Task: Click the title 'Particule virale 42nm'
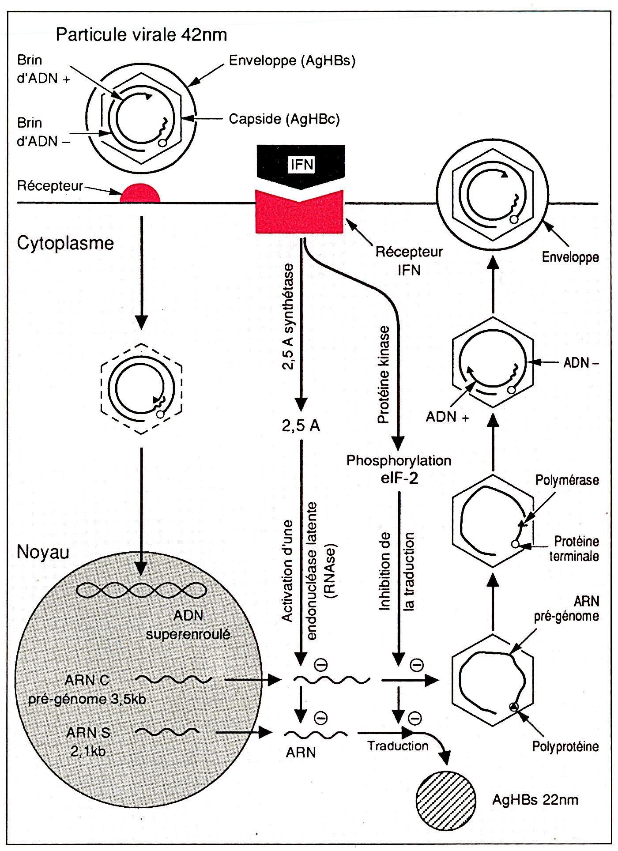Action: tap(141, 34)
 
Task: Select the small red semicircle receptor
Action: tap(140, 194)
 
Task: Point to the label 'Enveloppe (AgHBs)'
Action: tap(292, 60)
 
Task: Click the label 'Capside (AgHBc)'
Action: tap(284, 119)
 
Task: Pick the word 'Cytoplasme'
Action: tap(65, 243)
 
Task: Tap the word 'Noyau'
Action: tap(43, 552)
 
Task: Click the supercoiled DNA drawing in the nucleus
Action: tap(141, 590)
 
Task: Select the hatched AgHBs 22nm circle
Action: tap(446, 801)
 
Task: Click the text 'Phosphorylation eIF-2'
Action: tap(399, 469)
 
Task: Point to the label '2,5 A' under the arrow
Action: tap(301, 425)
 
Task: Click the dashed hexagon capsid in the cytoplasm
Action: tap(141, 388)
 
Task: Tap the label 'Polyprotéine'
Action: tap(565, 746)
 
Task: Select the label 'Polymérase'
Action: tap(567, 480)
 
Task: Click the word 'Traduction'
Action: tap(398, 746)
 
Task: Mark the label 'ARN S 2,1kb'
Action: tap(88, 742)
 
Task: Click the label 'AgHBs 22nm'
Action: tap(535, 800)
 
